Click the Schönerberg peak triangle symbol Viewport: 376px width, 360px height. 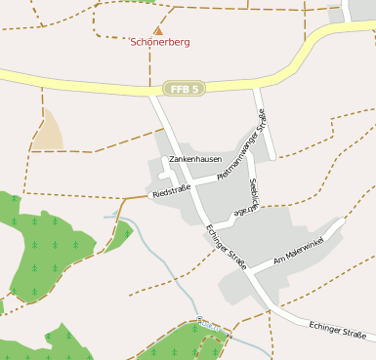[158, 30]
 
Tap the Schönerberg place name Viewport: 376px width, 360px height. [160, 43]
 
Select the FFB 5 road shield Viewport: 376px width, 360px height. [184, 89]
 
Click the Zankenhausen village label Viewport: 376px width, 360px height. [196, 158]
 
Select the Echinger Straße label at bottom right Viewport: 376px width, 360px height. [336, 330]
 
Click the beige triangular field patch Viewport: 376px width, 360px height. [46, 133]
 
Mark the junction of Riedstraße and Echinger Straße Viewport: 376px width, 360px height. [192, 186]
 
